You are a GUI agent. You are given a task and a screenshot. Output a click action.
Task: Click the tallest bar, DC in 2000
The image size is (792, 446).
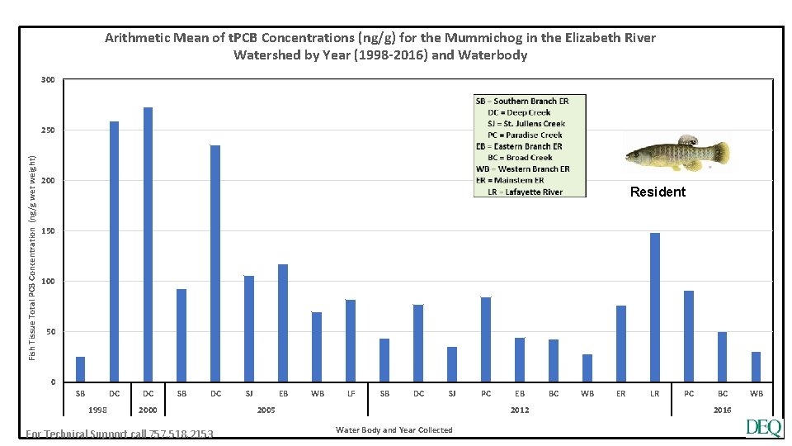148,244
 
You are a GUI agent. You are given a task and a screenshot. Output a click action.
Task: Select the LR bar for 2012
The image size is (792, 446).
655,307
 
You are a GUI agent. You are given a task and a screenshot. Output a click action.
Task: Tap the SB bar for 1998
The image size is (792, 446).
80,369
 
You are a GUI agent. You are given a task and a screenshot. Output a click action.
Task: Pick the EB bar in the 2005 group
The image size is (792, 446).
283,323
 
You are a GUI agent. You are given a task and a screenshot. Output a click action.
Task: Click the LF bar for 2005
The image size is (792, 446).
351,340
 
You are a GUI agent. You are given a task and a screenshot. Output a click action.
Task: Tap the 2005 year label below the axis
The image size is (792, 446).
266,410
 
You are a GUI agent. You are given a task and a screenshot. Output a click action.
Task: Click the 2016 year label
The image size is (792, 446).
722,410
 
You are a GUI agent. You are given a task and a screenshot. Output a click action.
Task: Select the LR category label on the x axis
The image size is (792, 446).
655,394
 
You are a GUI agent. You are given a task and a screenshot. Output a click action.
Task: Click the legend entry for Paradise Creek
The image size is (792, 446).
525,135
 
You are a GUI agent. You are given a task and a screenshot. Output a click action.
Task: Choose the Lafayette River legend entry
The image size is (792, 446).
525,192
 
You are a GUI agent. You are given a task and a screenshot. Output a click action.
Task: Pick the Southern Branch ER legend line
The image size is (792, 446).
521,101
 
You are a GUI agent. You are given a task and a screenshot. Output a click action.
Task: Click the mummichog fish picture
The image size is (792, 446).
676,154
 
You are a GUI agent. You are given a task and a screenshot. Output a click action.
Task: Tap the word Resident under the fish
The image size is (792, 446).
658,192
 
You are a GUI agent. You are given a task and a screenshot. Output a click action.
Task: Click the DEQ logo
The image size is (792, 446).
763,428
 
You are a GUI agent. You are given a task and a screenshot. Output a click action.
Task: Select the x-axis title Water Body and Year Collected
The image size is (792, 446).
394,429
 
